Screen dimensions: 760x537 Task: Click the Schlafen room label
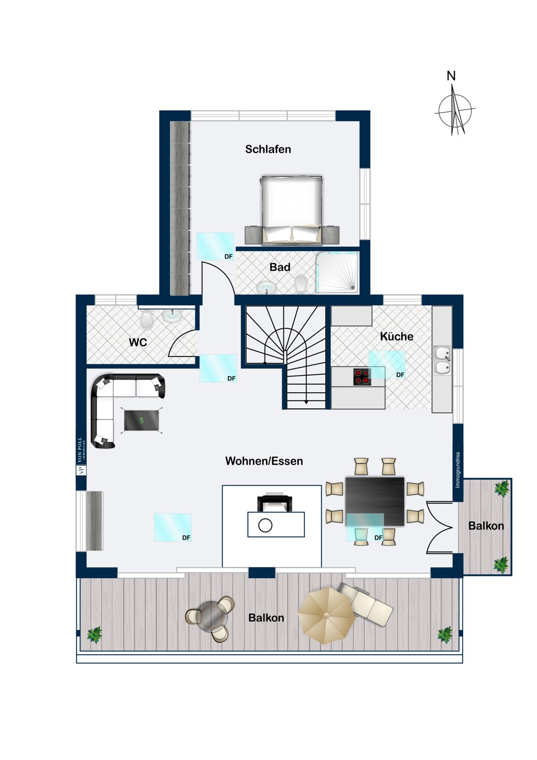pyautogui.click(x=268, y=149)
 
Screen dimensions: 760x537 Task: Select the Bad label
pyautogui.click(x=280, y=267)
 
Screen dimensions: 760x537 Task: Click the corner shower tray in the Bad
pyautogui.click(x=337, y=273)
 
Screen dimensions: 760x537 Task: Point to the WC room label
pyautogui.click(x=138, y=343)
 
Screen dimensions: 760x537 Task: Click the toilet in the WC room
pyautogui.click(x=147, y=319)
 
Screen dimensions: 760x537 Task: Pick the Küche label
pyautogui.click(x=397, y=336)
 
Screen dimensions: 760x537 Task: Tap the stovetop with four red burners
pyautogui.click(x=362, y=376)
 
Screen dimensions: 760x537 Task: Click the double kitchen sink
pyautogui.click(x=442, y=360)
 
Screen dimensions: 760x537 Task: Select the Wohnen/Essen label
pyautogui.click(x=264, y=461)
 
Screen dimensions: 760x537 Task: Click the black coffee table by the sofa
pyautogui.click(x=142, y=421)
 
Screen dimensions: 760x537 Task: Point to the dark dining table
pyautogui.click(x=375, y=501)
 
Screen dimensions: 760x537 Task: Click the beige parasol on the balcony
pyautogui.click(x=326, y=615)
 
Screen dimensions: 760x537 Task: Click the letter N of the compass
pyautogui.click(x=451, y=76)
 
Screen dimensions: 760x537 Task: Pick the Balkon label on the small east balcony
pyautogui.click(x=486, y=526)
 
